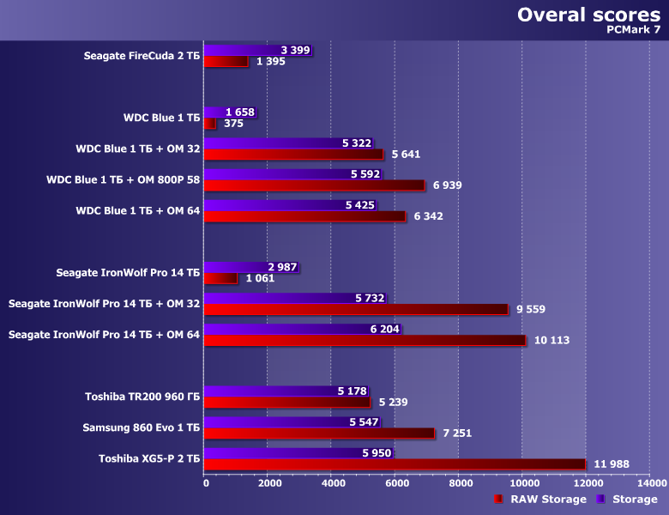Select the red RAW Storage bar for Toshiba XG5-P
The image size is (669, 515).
coord(395,464)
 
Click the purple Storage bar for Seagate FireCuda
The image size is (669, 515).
coord(257,51)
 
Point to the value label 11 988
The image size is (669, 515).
coord(611,464)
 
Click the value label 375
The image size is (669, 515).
coord(233,124)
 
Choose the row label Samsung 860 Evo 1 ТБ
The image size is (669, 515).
coord(141,427)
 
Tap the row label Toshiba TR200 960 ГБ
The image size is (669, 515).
coord(142,397)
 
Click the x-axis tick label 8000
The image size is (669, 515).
coord(458,484)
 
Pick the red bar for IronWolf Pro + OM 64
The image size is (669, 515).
coord(365,341)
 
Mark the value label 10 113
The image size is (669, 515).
coord(551,341)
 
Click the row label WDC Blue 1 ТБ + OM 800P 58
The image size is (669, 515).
coord(123,180)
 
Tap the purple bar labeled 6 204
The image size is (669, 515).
coord(302,329)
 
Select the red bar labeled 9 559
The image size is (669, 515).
coord(356,310)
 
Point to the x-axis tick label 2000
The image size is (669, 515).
coord(268,484)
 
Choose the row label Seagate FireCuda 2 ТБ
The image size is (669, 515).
coord(142,57)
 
